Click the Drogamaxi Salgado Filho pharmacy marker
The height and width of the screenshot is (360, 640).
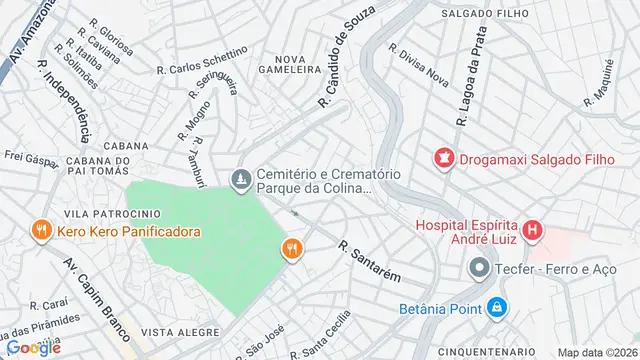(x=442, y=157)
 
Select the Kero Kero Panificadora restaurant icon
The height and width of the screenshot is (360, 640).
(x=41, y=231)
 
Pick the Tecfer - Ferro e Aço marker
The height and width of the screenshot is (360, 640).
(x=480, y=268)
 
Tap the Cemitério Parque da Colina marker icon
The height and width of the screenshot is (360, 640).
(x=240, y=180)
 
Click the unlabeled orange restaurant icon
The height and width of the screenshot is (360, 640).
(x=292, y=250)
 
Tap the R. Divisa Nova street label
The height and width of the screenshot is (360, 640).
(x=419, y=62)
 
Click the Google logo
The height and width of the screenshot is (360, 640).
(x=33, y=347)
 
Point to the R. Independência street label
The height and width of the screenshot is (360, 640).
(x=60, y=102)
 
